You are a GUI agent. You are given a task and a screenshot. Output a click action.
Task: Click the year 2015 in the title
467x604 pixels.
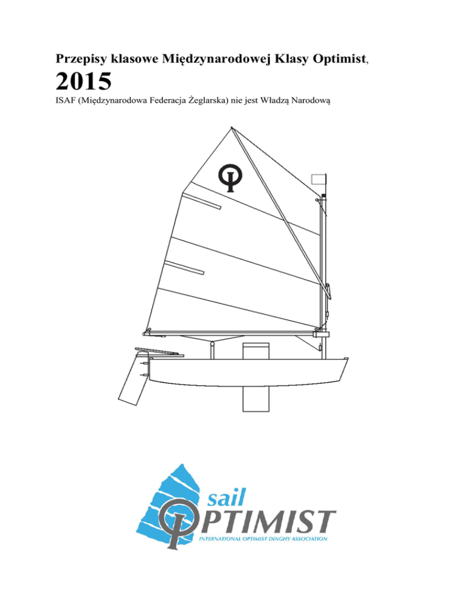[x=83, y=81]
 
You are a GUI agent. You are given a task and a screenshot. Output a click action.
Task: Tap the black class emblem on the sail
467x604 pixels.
[x=230, y=177]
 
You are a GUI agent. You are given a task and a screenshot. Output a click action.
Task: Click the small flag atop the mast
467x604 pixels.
[x=318, y=179]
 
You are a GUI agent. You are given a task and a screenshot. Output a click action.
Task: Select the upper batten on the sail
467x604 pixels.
[x=201, y=201]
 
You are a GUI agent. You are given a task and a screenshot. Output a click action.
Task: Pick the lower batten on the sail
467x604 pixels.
[x=184, y=268]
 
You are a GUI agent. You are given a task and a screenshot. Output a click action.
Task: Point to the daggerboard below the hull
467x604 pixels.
[x=255, y=399]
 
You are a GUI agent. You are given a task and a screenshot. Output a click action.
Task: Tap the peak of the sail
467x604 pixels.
[x=232, y=128]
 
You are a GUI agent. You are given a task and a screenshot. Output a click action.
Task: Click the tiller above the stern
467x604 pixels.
[x=159, y=352]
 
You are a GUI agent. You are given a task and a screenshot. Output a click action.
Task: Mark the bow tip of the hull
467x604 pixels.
[x=348, y=359]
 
